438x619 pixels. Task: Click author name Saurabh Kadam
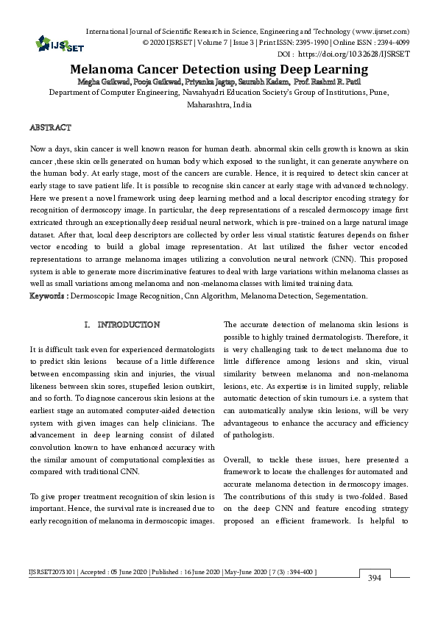tap(262, 81)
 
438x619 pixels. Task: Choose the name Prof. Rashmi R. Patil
tap(331, 81)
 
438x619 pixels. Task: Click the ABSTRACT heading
tap(50, 127)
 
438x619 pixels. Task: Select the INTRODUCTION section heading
tap(129, 324)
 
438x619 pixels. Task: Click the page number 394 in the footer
tap(375, 579)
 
